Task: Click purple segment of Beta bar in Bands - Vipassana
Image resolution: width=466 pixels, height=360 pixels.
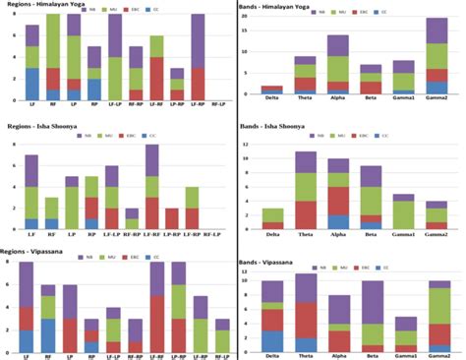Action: point(374,302)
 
